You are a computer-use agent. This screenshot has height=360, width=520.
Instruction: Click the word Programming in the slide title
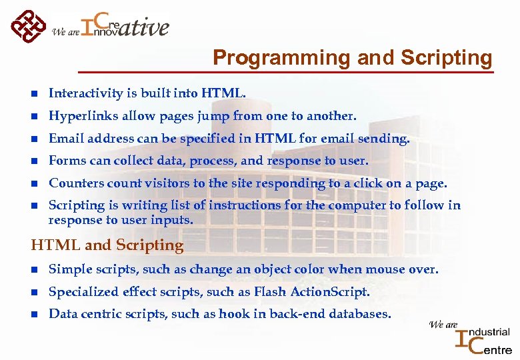coord(281,58)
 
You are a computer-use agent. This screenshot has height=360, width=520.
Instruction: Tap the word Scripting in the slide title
coord(446,58)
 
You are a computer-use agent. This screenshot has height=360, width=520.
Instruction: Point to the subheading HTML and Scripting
coord(107,245)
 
